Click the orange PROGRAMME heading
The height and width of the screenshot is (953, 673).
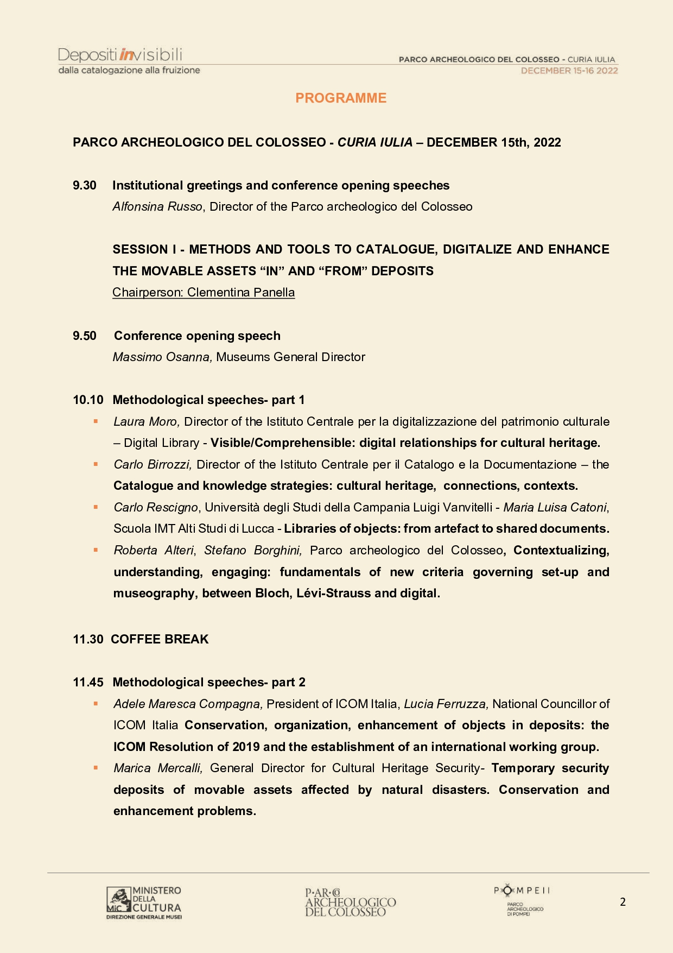(x=341, y=98)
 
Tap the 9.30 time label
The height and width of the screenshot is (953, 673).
(x=85, y=186)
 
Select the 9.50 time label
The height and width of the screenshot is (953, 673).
(x=85, y=336)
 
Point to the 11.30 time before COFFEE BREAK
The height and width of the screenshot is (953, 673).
(x=88, y=640)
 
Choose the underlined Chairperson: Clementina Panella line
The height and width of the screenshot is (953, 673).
(x=204, y=293)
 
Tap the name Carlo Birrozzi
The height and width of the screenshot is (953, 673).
(x=153, y=465)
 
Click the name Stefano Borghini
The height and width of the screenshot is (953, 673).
(x=253, y=551)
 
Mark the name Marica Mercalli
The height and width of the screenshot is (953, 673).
(x=158, y=768)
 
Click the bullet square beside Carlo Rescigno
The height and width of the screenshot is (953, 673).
(x=96, y=507)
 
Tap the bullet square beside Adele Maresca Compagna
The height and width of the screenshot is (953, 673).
(x=96, y=704)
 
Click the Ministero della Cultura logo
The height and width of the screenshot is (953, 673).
(x=144, y=902)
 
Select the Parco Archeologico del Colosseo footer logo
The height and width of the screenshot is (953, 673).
(x=350, y=902)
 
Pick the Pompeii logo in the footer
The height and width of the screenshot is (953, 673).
(x=521, y=899)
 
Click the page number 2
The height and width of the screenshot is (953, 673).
(x=623, y=902)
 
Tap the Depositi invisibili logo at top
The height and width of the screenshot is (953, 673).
(x=129, y=61)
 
